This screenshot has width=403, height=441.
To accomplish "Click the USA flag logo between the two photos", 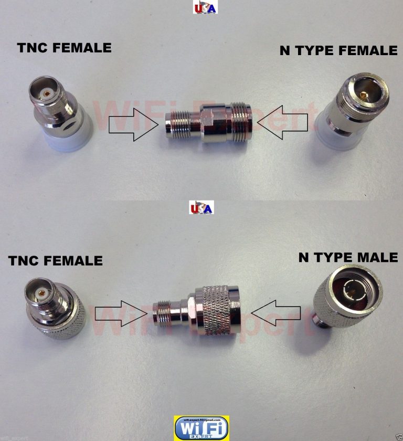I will point(201,208).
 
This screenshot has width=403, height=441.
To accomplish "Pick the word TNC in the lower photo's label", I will point(25,260).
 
